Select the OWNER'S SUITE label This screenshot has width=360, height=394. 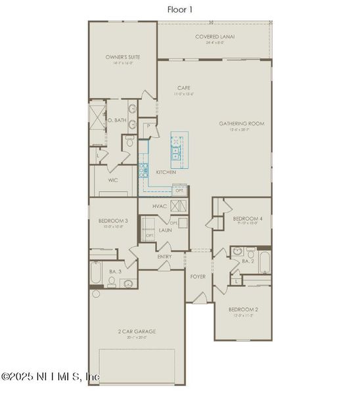point(123,58)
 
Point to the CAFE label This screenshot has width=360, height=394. point(184,88)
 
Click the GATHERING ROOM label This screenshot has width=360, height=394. point(241,123)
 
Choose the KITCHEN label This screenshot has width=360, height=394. point(166,172)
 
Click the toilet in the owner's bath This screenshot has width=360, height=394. point(129,141)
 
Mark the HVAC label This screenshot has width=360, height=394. point(160,206)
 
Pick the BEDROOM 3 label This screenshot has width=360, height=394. point(113,220)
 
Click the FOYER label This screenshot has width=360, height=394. point(198,276)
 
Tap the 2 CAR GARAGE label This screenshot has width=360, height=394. point(137,332)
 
